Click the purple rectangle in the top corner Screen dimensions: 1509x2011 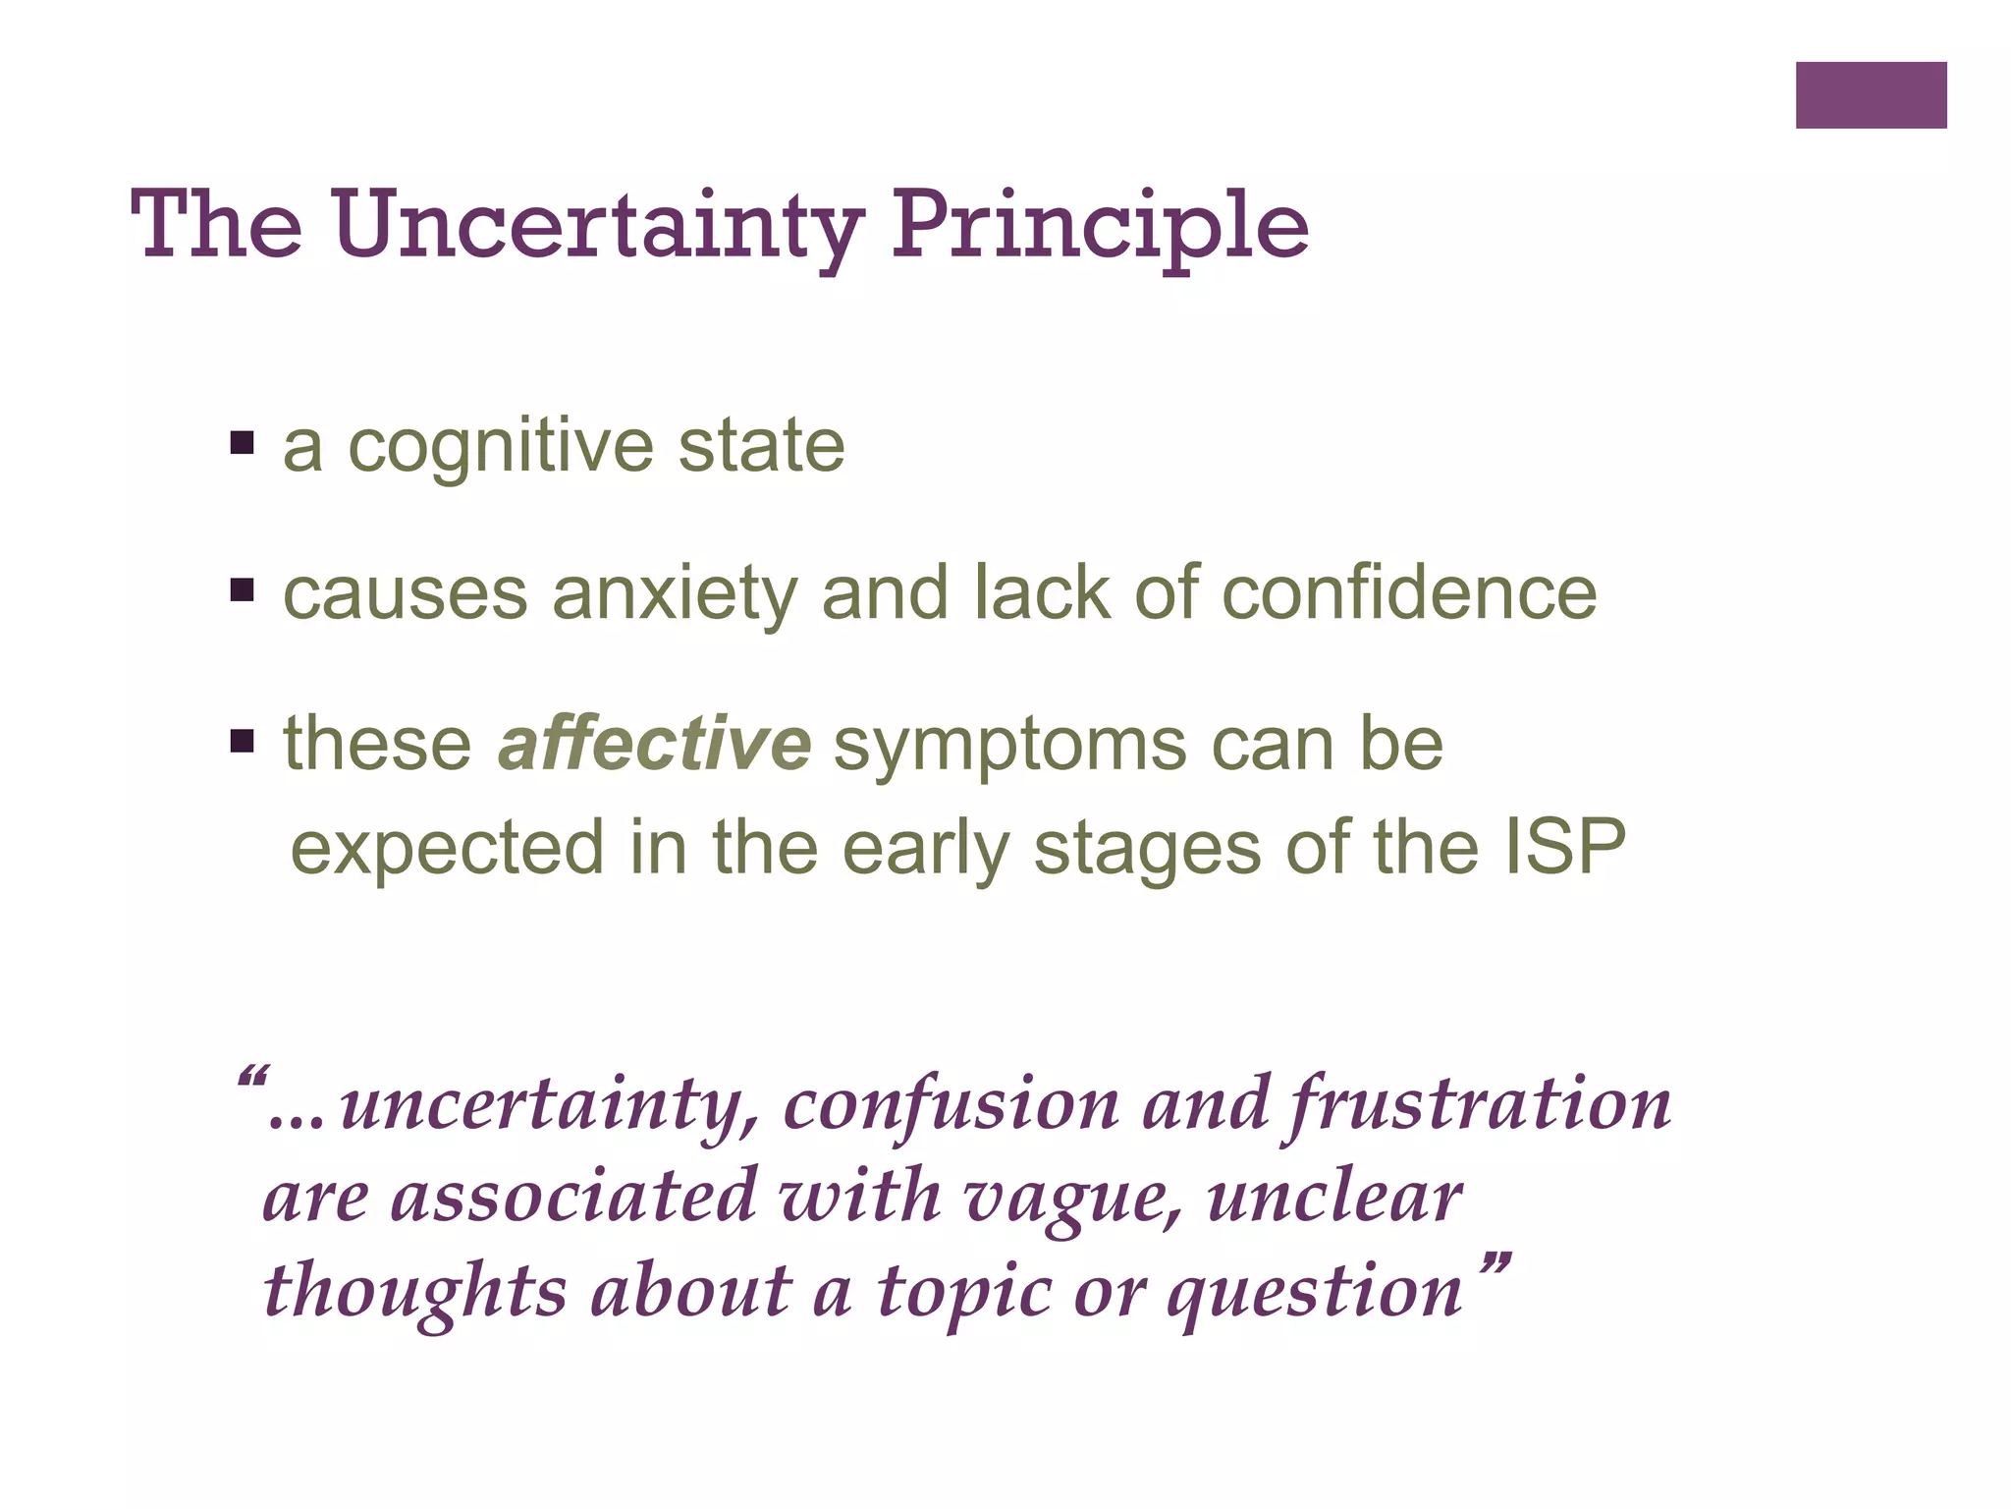tap(1871, 95)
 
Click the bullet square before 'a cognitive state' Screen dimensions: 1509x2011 tap(242, 442)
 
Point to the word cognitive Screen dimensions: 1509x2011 tap(501, 448)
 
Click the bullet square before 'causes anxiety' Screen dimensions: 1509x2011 tap(242, 590)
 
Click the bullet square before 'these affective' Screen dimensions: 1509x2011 tap(242, 740)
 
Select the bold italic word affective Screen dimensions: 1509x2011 tap(654, 744)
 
